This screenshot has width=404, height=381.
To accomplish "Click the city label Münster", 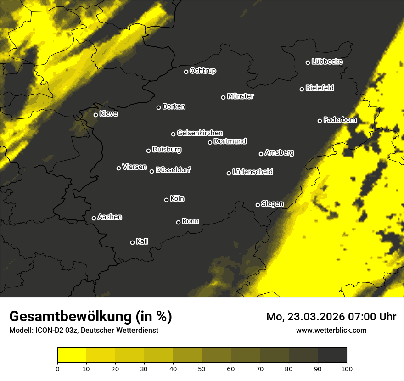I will (x=241, y=96).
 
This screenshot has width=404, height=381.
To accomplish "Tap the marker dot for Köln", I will (x=166, y=200).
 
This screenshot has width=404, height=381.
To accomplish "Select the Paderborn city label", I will (x=340, y=120).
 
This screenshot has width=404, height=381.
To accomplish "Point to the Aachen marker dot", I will (x=94, y=218).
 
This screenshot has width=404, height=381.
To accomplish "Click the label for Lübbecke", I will (x=327, y=62).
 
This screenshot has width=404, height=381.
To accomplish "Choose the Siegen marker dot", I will (x=258, y=205).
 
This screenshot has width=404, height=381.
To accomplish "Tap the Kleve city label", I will (x=108, y=114).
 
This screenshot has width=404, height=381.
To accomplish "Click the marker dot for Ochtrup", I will (x=186, y=72).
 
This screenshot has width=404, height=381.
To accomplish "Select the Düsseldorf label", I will (x=173, y=170).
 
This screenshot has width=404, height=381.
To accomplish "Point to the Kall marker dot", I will (x=132, y=242).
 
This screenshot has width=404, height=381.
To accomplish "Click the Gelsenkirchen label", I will (x=200, y=133).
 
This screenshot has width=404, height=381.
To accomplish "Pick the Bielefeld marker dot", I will (x=302, y=89).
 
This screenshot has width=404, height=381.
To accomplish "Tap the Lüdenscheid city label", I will (x=253, y=172).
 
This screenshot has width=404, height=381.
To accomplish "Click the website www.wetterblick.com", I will (x=331, y=330).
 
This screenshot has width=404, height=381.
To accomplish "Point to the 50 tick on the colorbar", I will (x=202, y=368).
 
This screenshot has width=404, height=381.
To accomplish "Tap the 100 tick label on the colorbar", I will (x=347, y=368).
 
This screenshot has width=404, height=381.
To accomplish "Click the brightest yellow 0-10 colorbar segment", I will (x=72, y=355).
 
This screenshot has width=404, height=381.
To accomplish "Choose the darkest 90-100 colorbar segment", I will (x=332, y=355).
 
